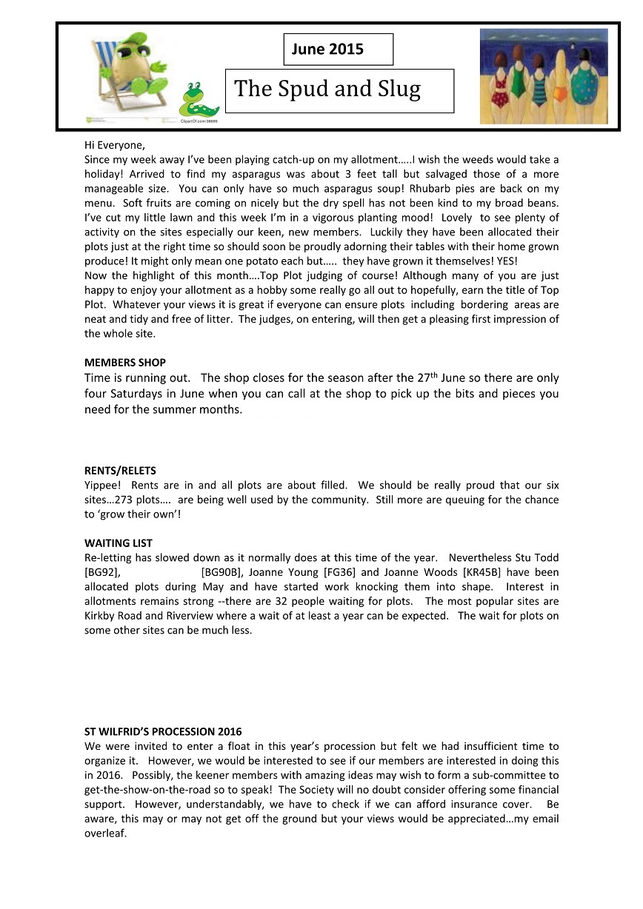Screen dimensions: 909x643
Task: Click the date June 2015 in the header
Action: coord(327,50)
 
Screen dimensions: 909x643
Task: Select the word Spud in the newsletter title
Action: coord(304,90)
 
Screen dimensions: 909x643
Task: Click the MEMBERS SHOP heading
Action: coord(125,363)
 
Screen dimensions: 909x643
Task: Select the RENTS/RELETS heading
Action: coord(120,470)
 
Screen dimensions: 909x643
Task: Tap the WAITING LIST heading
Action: coord(119,543)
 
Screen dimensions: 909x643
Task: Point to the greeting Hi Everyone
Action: coord(115,145)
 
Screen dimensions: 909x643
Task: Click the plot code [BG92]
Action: coord(101,571)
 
